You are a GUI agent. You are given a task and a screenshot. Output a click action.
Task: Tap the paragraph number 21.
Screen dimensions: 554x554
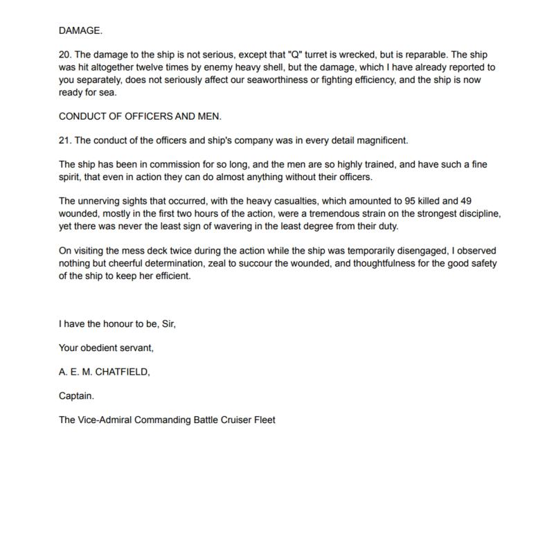[66, 141]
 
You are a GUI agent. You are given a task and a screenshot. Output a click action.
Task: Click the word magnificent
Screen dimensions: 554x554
[379, 141]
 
